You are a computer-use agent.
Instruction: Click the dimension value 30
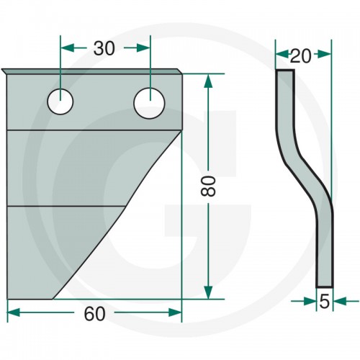tap(104, 48)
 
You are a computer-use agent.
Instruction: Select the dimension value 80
tap(208, 186)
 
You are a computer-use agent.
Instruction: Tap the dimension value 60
tap(94, 314)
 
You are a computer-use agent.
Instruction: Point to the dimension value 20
tap(300, 56)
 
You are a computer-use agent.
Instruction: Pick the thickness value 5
tap(325, 302)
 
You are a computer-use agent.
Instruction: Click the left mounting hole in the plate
tap(60, 102)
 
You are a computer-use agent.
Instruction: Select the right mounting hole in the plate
tap(150, 103)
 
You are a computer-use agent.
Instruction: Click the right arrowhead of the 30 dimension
tap(143, 48)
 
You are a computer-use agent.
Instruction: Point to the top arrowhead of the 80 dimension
tap(208, 81)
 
